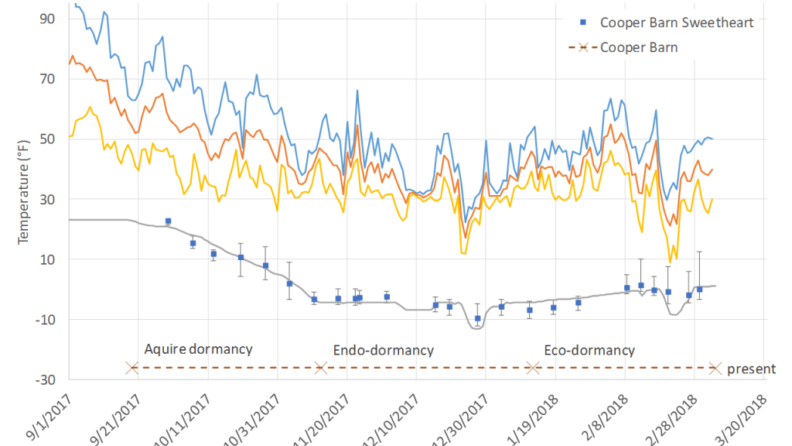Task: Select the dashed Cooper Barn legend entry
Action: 639,48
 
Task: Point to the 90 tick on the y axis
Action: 47,18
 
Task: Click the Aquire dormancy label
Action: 199,348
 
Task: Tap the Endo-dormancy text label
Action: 384,350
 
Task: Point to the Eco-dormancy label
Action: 589,350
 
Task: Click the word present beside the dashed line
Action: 751,369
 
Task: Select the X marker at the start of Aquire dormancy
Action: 132,368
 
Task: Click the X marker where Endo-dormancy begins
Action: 321,368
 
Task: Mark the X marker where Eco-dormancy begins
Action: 533,368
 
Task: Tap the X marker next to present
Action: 715,368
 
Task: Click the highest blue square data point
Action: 168,221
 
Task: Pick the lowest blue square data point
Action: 478,318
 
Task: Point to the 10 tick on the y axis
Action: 47,259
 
